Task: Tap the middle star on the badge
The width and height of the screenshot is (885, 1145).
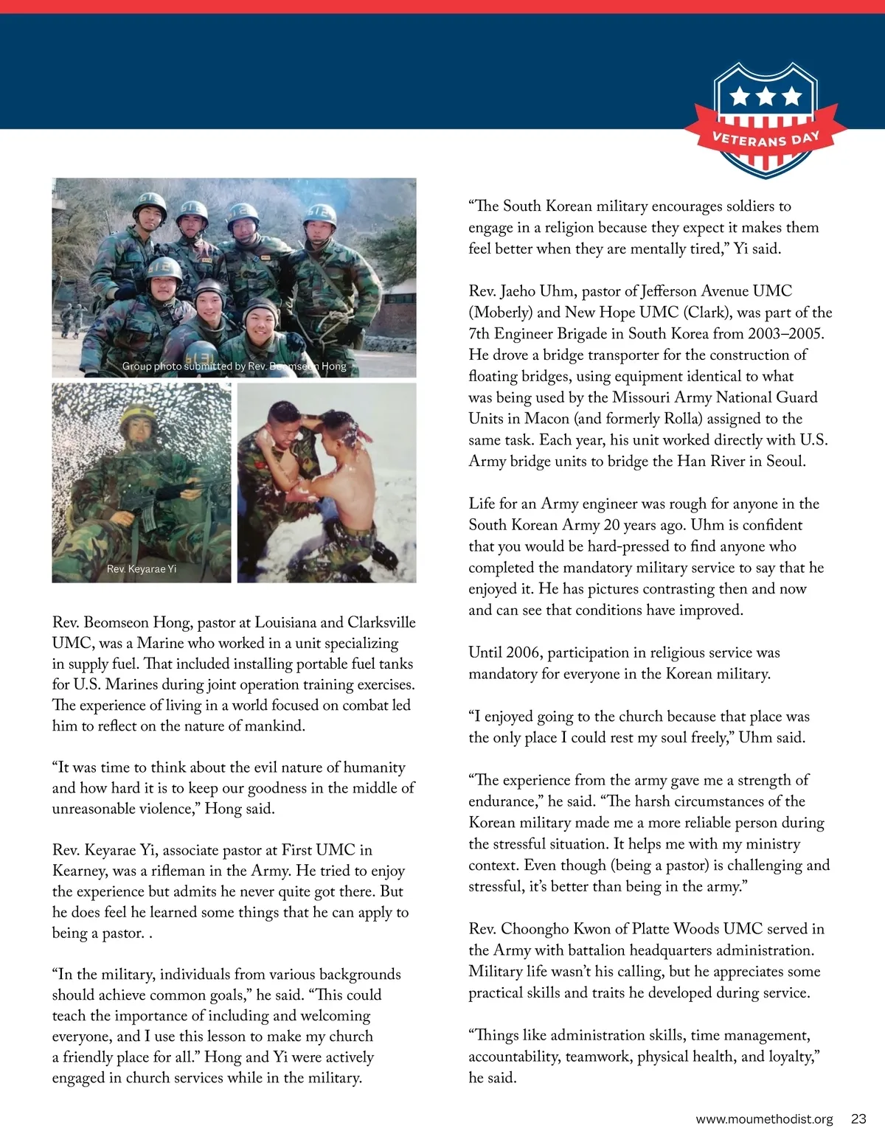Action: (766, 95)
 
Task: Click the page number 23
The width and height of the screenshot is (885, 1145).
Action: (858, 1118)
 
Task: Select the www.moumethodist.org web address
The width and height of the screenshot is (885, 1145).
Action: (764, 1118)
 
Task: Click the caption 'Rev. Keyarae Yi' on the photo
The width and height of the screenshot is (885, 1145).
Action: (142, 568)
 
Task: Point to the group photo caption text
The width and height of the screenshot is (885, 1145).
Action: (234, 366)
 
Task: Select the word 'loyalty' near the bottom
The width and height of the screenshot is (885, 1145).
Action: (791, 1056)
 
